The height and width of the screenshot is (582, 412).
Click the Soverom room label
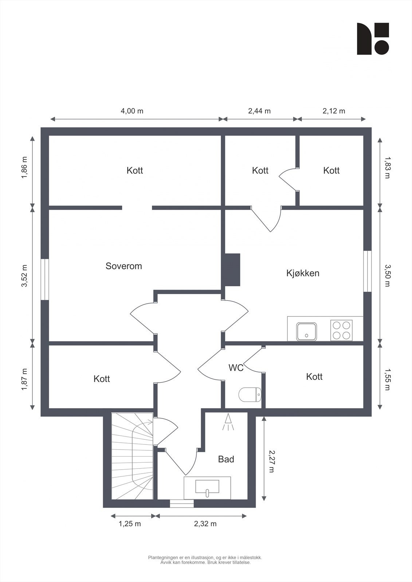(123, 266)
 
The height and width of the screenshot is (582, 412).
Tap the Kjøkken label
(303, 273)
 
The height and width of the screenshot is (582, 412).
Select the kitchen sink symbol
(306, 331)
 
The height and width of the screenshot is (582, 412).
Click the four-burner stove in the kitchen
(341, 330)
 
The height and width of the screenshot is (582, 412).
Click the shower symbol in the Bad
(228, 422)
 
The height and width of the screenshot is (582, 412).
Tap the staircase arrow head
(150, 422)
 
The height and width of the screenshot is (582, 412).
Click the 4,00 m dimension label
(132, 111)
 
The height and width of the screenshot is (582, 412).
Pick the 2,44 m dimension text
(259, 111)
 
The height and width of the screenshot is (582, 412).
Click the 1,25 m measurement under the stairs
(130, 524)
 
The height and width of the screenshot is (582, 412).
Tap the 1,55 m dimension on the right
(387, 379)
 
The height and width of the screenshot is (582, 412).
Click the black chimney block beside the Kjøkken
(232, 270)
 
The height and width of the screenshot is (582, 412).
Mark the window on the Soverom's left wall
(44, 279)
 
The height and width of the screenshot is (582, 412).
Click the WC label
(236, 368)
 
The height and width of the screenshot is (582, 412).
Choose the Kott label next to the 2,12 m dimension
(331, 170)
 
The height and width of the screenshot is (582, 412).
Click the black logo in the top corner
(373, 39)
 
